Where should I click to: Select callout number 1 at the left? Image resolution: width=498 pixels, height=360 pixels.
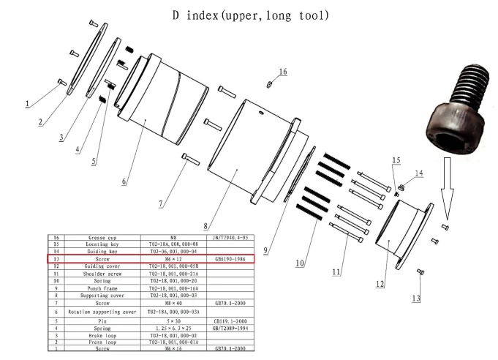[x=26, y=104]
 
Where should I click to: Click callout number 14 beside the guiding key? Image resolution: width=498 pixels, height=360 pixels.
[x=418, y=173]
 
